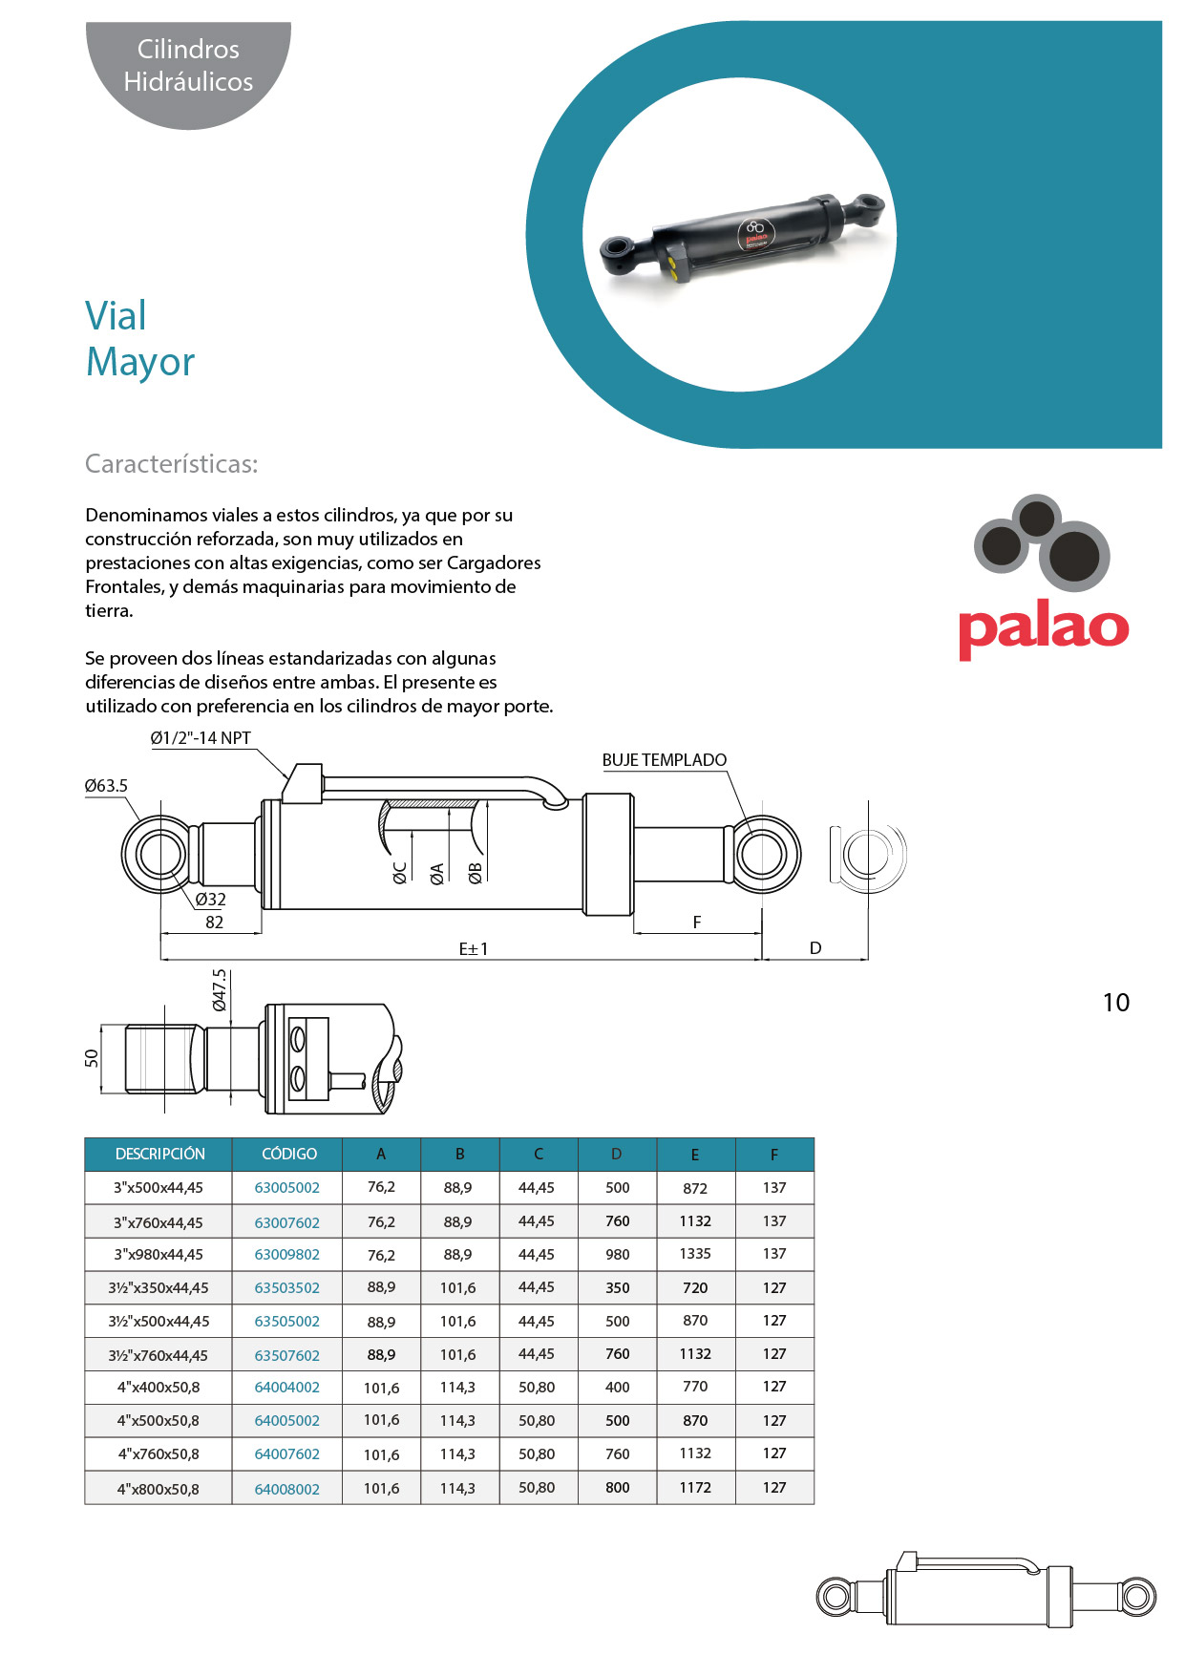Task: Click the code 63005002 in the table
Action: tap(286, 1188)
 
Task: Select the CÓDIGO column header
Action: tap(288, 1154)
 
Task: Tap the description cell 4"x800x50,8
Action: tap(159, 1489)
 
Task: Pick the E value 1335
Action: tap(695, 1254)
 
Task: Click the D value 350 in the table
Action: tap(618, 1287)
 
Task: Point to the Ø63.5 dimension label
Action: tap(106, 786)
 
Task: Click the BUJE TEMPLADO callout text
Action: tap(664, 760)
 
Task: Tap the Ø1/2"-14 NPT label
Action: tap(201, 738)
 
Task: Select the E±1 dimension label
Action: tap(474, 948)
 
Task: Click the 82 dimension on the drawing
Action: tap(214, 923)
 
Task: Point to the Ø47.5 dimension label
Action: tap(220, 989)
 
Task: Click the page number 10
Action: tap(1115, 1003)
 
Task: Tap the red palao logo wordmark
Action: tap(1043, 628)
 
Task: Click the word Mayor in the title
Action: tap(140, 362)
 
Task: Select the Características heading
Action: tap(172, 464)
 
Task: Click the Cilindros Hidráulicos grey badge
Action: tap(188, 66)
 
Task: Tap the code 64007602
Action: tap(286, 1453)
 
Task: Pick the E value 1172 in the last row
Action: tap(695, 1488)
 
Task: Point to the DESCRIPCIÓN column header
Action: tap(159, 1154)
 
